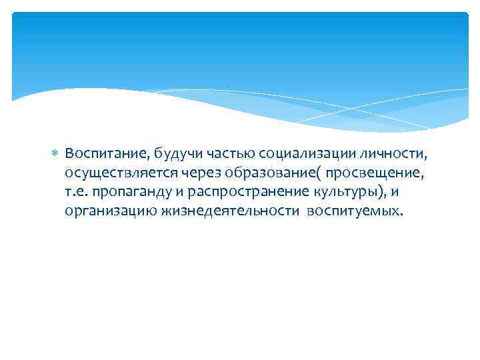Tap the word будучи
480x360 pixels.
click(176, 155)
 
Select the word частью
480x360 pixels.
click(226, 155)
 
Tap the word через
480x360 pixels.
click(199, 173)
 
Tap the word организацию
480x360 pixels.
click(111, 211)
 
